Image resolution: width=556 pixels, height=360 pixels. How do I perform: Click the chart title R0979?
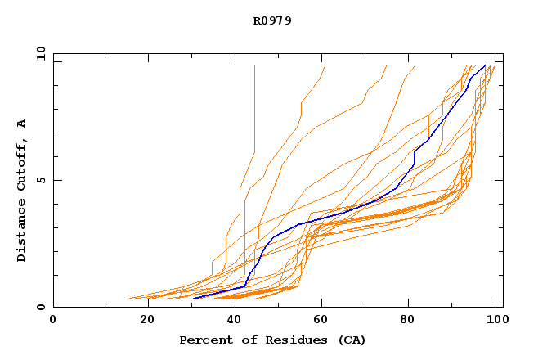272,20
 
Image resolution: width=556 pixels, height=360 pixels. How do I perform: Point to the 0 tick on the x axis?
53,320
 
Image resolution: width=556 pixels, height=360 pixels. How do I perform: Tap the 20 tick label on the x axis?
146,320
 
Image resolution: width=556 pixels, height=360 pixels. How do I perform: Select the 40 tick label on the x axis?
235,320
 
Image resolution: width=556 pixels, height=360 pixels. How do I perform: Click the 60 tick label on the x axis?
323,320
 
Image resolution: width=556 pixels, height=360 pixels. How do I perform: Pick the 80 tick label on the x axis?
411,320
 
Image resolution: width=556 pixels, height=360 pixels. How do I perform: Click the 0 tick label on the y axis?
39,308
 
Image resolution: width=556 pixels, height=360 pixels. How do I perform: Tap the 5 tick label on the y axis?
39,180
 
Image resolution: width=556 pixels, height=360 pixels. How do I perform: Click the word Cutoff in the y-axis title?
22,160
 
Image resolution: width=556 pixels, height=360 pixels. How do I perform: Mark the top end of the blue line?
485,66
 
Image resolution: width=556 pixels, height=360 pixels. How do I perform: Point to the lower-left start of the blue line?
194,299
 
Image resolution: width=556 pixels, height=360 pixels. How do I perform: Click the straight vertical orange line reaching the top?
254,123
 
